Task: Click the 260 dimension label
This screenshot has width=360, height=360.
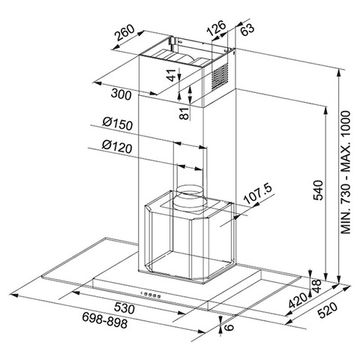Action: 124,33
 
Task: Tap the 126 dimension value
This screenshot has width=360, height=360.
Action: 216,28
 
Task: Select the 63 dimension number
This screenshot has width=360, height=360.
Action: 247,29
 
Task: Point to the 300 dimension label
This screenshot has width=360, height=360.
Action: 121,94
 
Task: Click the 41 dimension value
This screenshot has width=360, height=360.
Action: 172,75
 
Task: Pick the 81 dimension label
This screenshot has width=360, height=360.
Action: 184,114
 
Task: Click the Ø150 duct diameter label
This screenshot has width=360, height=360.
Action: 118,124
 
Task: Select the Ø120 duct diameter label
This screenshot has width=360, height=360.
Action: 117,147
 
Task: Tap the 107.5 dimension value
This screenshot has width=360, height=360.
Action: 258,194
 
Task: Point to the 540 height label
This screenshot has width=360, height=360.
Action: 319,190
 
